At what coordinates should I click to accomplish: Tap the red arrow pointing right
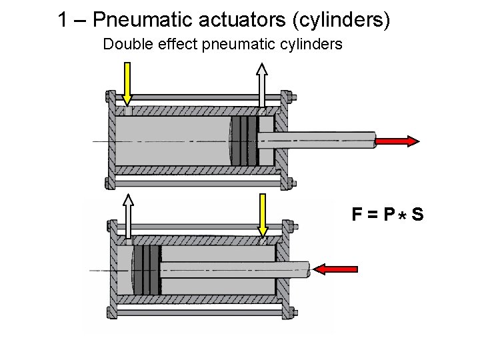[397, 141]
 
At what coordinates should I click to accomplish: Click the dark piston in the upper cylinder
[245, 141]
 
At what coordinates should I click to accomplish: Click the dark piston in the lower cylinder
[148, 270]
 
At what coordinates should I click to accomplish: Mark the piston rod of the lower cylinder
[233, 269]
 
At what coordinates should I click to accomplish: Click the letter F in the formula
[358, 215]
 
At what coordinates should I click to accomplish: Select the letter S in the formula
[417, 215]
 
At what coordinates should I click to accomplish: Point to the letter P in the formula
[390, 215]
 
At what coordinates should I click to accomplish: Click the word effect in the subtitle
[172, 45]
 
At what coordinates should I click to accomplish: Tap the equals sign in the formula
[374, 215]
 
